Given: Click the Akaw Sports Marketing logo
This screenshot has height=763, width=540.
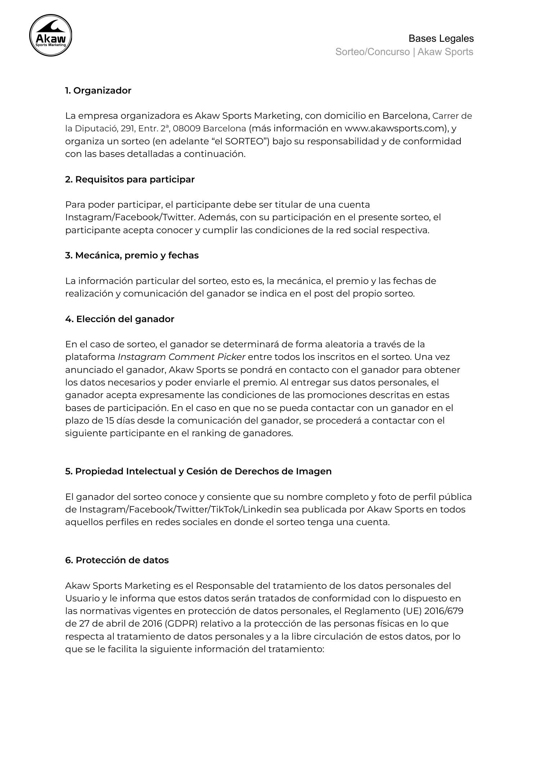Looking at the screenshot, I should coord(50,35).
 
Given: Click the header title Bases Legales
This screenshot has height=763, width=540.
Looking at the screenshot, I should coord(441,39).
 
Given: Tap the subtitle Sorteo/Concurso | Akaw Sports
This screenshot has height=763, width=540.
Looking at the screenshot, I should coord(404,52).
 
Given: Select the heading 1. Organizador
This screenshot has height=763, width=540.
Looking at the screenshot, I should coord(98,91).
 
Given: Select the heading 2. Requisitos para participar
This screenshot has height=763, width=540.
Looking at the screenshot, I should coord(130,179).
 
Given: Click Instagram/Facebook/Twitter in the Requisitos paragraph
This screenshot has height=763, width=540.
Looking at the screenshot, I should coord(130,217).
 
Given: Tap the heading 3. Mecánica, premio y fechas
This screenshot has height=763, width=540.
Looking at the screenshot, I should coord(132,256).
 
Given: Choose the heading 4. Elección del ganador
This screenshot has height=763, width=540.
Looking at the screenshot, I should coord(120,319).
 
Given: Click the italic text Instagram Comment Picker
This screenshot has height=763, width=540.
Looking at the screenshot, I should coord(181,357).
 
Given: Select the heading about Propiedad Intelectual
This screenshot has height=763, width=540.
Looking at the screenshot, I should coord(198,471).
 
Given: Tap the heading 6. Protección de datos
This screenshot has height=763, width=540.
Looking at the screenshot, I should coord(117,560).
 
